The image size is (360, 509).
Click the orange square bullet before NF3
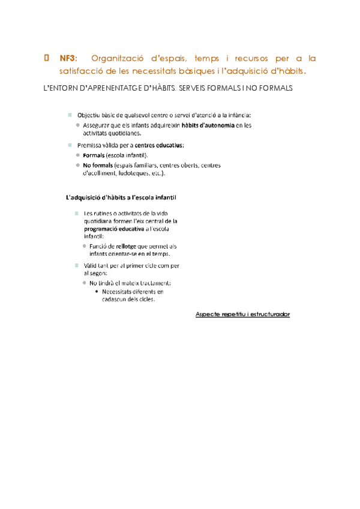(46, 58)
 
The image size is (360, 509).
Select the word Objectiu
(89, 115)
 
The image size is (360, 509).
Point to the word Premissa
(90, 145)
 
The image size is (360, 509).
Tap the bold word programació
(104, 229)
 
